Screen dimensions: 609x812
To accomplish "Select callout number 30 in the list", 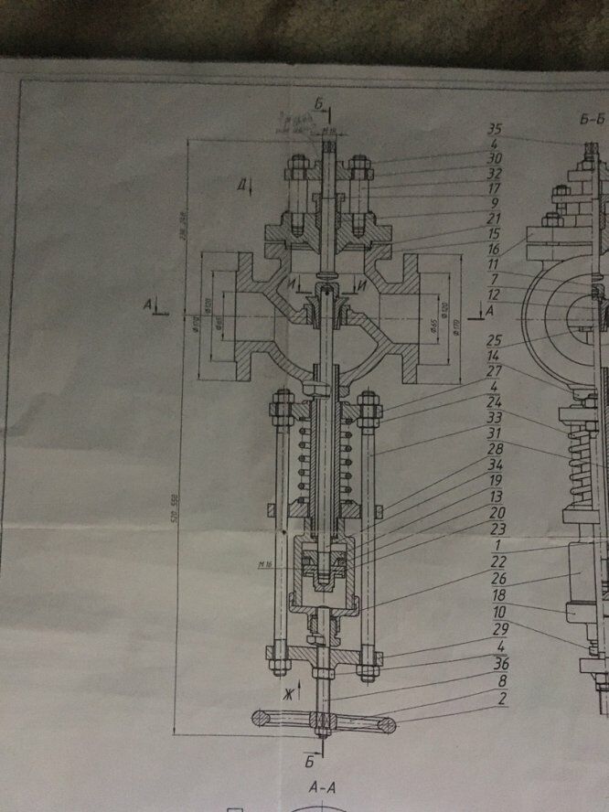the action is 498,158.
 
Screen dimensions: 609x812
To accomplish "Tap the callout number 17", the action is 498,187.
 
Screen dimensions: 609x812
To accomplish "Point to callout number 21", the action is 498,218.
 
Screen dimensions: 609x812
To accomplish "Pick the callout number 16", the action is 498,248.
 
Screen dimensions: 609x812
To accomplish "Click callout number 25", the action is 498,339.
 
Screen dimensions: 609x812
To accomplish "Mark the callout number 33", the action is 498,417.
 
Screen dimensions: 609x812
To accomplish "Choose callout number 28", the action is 498,448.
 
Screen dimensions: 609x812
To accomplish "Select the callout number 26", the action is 498,577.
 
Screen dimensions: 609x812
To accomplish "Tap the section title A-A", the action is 320,785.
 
